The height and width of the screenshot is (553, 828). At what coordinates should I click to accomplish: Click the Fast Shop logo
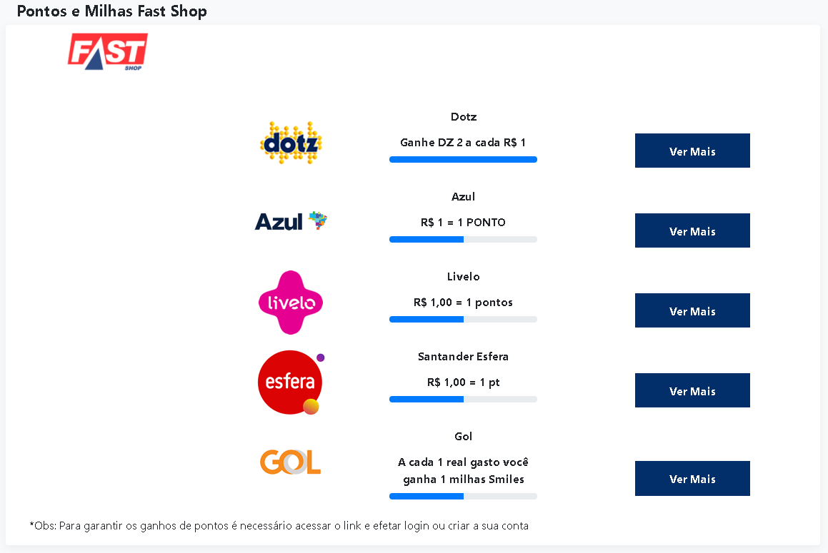click(108, 51)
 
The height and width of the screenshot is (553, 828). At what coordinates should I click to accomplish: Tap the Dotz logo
click(291, 143)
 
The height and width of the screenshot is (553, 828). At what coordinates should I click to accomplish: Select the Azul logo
click(291, 221)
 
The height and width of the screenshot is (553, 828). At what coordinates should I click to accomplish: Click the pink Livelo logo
click(291, 303)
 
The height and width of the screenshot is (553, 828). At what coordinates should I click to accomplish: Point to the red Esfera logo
click(291, 382)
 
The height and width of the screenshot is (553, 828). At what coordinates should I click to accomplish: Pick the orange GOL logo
click(291, 462)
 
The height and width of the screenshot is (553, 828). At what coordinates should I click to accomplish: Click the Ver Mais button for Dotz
click(692, 151)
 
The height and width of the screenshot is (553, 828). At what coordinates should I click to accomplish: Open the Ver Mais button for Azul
click(692, 230)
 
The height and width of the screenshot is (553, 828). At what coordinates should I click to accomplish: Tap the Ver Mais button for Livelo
click(692, 310)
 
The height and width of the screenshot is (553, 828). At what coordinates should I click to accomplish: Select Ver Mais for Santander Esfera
click(692, 390)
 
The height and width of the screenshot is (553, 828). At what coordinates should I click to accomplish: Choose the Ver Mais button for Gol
click(692, 479)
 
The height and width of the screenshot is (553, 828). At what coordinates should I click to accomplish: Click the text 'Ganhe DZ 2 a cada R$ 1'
click(463, 143)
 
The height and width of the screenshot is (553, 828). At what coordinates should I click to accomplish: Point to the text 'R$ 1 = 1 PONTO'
click(463, 222)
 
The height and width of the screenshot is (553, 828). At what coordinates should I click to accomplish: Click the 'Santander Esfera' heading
click(463, 357)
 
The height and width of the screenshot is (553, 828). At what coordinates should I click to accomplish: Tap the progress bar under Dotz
click(463, 159)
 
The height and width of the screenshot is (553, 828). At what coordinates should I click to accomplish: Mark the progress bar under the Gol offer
click(463, 496)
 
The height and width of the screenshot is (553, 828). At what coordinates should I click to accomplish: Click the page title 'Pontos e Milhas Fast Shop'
click(112, 11)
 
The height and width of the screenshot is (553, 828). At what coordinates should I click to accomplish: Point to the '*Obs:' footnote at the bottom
click(279, 526)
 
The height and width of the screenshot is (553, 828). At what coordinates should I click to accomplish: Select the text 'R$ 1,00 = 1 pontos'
click(463, 303)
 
